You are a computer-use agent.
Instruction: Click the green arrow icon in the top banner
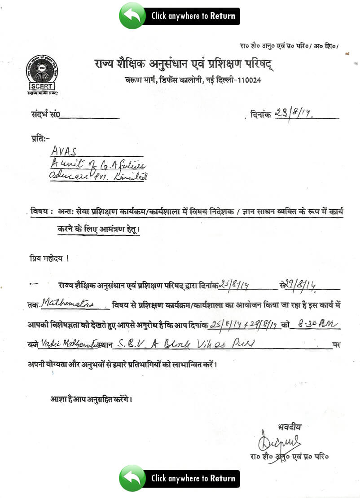click(132, 16)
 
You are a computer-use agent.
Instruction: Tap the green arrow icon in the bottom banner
click(132, 478)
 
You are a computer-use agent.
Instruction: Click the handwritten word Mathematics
click(67, 304)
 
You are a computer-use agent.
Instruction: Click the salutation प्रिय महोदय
click(49, 259)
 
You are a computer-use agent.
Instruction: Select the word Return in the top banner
click(223, 16)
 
